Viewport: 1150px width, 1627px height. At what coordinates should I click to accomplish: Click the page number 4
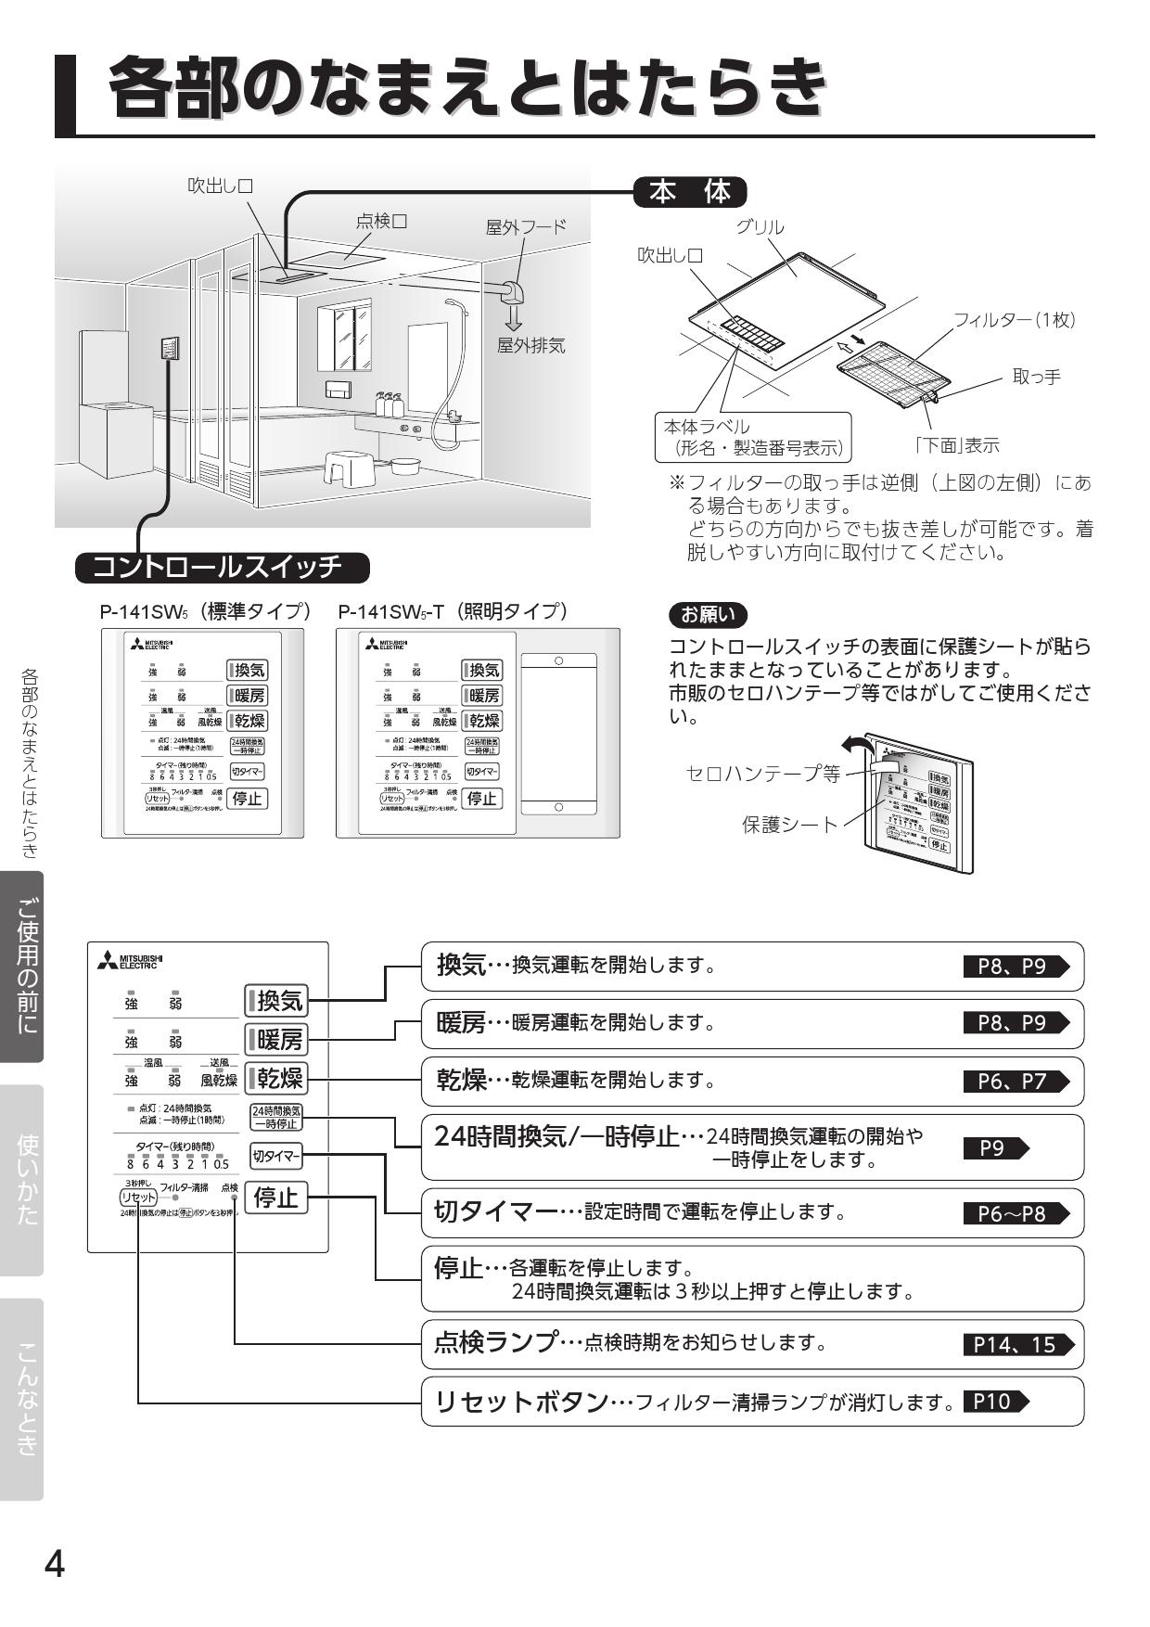tap(55, 1566)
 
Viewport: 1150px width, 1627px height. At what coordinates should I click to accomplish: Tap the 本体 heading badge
tap(690, 193)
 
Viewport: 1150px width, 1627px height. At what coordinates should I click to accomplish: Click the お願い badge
tap(707, 613)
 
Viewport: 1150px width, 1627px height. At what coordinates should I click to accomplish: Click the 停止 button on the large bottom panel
tap(275, 1198)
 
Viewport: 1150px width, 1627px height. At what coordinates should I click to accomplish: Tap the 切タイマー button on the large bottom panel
tap(275, 1156)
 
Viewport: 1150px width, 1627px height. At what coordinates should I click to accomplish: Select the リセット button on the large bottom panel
tap(138, 1198)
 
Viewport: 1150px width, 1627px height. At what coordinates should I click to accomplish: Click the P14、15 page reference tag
tap(1016, 1344)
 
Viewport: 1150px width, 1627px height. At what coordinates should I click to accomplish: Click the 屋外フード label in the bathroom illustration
tap(526, 227)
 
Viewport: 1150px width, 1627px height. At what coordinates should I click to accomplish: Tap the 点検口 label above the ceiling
tap(381, 221)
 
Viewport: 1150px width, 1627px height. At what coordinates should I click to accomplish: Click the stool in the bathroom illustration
tap(349, 468)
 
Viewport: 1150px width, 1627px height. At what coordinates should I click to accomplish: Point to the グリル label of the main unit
tap(760, 227)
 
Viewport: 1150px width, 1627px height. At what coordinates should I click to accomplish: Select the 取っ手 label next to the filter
tap(1036, 377)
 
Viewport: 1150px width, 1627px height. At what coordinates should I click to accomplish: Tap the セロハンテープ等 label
tap(761, 773)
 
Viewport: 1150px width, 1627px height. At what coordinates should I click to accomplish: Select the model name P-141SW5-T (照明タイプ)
tap(453, 612)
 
